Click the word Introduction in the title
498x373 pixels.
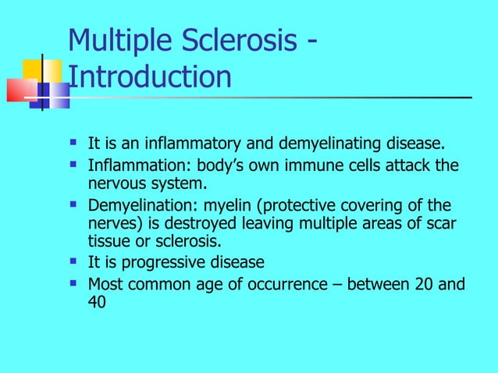[150, 76]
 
